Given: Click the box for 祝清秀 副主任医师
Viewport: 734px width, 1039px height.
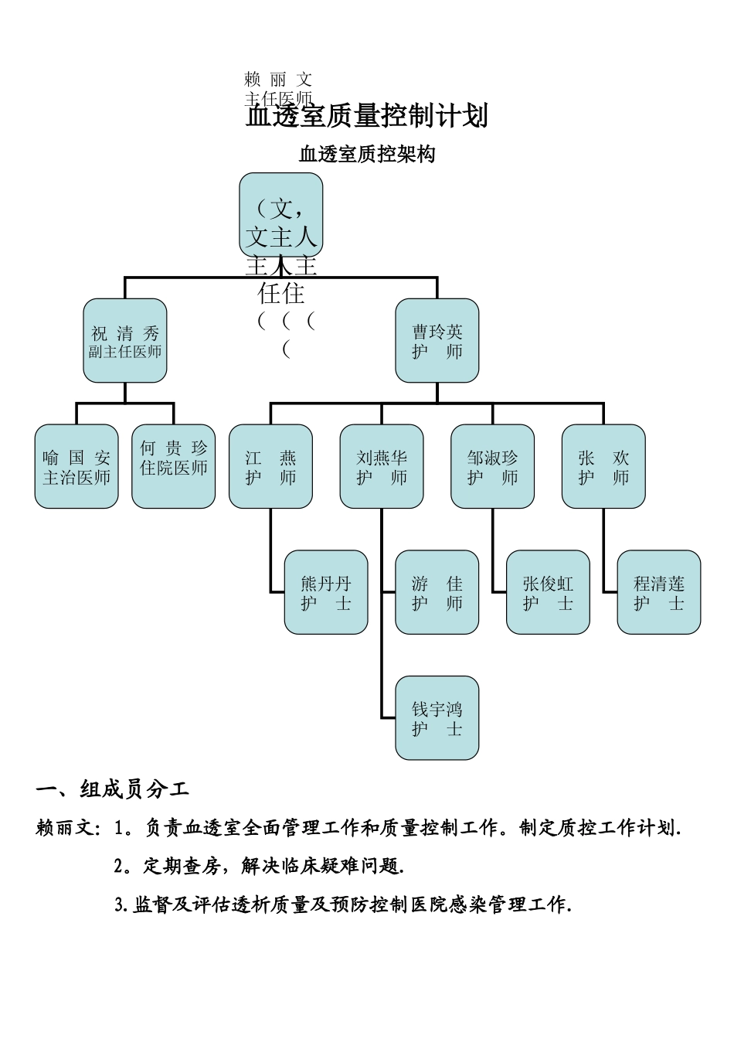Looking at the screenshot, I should (x=125, y=341).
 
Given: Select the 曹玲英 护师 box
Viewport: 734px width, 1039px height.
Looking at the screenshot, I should (x=437, y=341).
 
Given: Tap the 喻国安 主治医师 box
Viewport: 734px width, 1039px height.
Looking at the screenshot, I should (x=76, y=466).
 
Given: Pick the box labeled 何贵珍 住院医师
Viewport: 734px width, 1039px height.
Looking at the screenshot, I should (x=174, y=466).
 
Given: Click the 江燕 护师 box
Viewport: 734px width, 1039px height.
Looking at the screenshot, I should (x=270, y=466).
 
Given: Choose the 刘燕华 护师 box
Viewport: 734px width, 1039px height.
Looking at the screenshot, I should (x=382, y=466).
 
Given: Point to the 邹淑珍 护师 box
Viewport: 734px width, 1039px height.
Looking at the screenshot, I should (x=493, y=466).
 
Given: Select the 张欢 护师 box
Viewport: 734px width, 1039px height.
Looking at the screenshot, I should (x=603, y=466).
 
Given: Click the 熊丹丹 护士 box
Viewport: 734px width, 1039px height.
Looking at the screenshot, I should (x=326, y=592).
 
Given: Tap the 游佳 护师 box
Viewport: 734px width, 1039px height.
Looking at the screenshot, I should (x=437, y=592).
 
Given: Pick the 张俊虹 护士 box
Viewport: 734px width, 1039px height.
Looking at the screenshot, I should (x=549, y=592).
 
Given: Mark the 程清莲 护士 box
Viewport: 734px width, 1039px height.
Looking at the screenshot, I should (x=659, y=592).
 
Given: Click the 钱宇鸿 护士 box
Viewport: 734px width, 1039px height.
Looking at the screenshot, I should (x=437, y=718).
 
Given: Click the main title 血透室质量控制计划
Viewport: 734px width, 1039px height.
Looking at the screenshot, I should (x=367, y=116).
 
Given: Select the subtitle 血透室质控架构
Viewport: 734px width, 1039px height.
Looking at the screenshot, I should (x=367, y=155).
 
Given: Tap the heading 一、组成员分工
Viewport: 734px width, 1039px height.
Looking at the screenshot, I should (x=113, y=789).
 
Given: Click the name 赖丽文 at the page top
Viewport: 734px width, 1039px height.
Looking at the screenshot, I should (x=278, y=79).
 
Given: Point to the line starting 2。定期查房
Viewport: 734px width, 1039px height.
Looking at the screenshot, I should (x=260, y=866).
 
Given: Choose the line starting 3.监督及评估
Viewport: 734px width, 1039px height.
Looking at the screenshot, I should (x=343, y=904).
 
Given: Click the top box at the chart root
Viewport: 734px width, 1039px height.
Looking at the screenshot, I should (x=281, y=215).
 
